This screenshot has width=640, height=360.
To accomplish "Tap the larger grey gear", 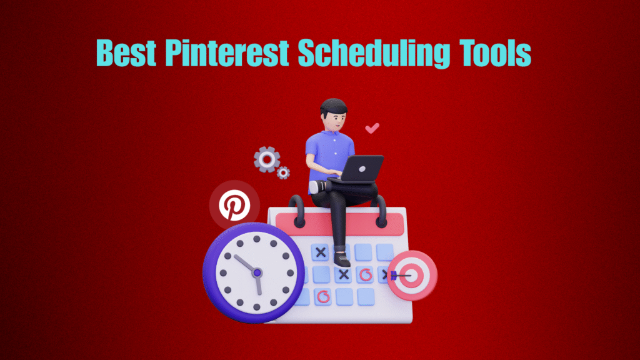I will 267,159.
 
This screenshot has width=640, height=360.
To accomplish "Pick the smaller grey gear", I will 283,172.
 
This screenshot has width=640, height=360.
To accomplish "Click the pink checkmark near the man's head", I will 372,129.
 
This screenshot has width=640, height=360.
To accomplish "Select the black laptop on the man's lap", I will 360,168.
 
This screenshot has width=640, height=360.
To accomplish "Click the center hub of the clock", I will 256,272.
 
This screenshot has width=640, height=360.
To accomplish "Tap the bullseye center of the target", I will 411,275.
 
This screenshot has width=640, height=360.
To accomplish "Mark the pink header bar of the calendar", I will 337,223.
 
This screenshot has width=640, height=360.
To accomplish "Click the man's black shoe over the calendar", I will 341,257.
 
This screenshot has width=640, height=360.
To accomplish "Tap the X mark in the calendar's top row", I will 321,252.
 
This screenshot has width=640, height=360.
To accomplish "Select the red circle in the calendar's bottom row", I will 322,296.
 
